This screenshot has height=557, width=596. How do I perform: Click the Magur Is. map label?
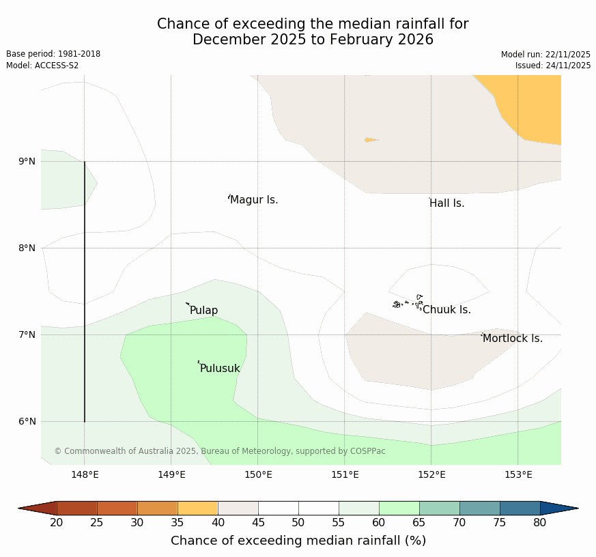254,200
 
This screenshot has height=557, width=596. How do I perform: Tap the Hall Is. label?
447,203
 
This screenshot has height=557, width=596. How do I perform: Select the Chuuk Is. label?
446,310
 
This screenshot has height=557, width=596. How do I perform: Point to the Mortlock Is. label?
513,339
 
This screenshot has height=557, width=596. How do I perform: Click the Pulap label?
203,311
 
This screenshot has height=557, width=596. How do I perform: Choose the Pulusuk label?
220,369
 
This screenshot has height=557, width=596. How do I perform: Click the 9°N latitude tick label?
27,162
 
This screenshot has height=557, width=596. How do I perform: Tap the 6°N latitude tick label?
27,422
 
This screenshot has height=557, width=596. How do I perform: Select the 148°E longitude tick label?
85,475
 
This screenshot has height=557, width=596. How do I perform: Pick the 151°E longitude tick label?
345,475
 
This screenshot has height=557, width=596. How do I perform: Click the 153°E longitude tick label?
518,475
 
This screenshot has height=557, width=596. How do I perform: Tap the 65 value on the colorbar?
419,523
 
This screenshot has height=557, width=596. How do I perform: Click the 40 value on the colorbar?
218,523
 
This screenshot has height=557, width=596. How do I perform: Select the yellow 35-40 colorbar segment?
197,508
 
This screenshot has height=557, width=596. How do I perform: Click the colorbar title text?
298,541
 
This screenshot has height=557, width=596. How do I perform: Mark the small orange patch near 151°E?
370,140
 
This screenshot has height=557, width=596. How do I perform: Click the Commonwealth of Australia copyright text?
220,451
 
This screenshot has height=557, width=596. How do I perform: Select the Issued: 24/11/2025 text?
553,66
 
